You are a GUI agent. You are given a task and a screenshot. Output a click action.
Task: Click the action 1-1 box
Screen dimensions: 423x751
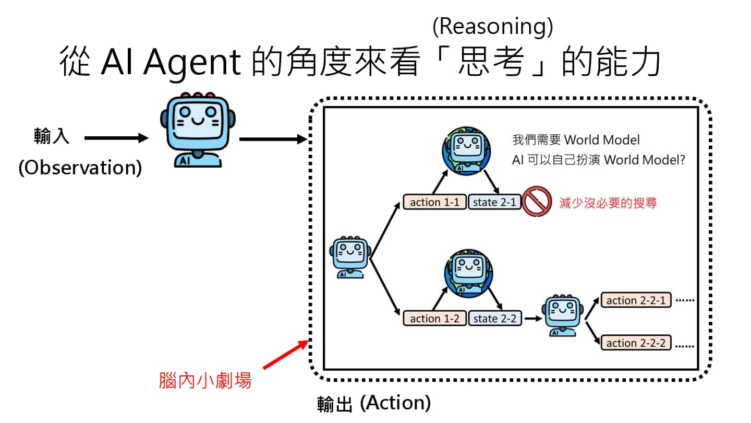tap(434, 202)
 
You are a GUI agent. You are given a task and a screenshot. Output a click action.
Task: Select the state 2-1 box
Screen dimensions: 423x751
tap(494, 202)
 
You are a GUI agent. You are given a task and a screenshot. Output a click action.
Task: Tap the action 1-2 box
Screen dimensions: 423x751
tap(434, 318)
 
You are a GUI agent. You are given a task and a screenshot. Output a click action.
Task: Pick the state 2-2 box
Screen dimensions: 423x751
tap(494, 318)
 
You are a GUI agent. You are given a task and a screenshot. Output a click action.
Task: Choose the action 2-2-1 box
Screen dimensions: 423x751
tap(635, 300)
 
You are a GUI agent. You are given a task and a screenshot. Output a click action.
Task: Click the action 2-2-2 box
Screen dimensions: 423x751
tap(635, 343)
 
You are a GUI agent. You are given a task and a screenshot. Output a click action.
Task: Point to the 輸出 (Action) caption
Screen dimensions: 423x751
tap(374, 403)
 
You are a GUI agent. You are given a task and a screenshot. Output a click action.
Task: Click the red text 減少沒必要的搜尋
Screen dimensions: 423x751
tap(608, 203)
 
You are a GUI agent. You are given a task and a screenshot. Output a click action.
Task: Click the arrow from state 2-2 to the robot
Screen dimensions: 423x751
tap(532, 318)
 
